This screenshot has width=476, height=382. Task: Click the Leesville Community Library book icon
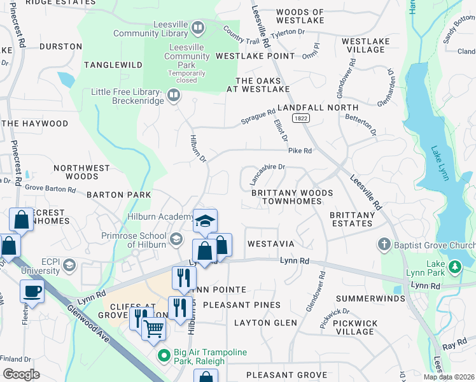coord(198,28)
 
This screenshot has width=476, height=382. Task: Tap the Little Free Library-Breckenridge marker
coord(173,95)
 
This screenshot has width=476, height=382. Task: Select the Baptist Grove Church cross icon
coord(384,244)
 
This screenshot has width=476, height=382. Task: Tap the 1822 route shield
coord(301,118)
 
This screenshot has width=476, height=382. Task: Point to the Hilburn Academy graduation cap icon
coord(205,221)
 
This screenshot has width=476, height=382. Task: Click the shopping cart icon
coord(154,329)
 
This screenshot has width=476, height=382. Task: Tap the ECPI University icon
coord(69,265)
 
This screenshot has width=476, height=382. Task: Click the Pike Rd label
coord(300,151)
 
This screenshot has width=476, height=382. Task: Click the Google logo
coord(21,374)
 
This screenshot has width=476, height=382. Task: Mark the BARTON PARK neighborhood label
coord(119,195)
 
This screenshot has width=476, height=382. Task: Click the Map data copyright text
coord(449,377)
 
